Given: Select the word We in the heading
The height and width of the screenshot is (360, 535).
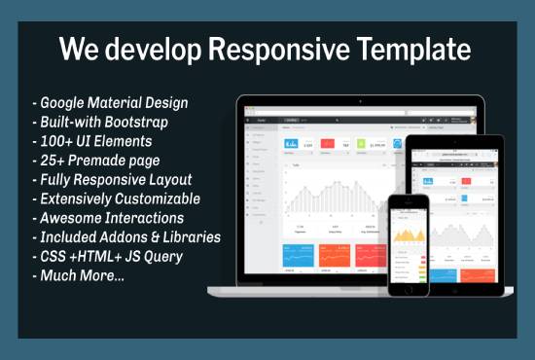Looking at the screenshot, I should point(80,51).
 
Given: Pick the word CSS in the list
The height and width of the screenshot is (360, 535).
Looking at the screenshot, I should point(53,256).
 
